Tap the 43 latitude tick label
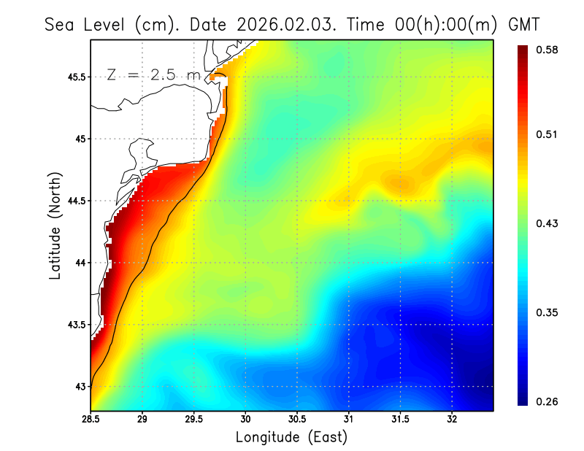pos(79,386)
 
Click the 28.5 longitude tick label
pos(91,419)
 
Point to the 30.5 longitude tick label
pos(297,419)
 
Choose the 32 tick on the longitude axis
pos(452,419)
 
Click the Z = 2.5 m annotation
pos(153,74)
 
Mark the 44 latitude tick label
pos(79,263)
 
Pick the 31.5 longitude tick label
pos(400,419)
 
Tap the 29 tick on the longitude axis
pos(142,419)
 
